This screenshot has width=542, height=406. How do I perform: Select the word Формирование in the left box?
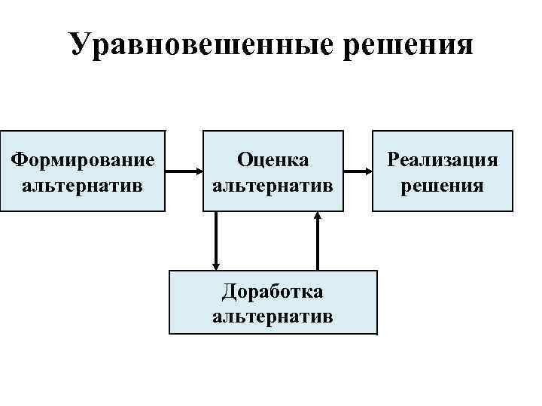pyautogui.click(x=83, y=159)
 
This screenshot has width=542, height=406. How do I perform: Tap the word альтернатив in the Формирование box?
pyautogui.click(x=83, y=184)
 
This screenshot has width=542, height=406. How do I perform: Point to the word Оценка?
pyautogui.click(x=273, y=159)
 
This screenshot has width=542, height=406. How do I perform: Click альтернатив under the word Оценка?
pyautogui.click(x=273, y=184)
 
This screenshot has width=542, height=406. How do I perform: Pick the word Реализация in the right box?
pyautogui.click(x=443, y=159)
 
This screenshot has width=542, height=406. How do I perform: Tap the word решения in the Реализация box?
pyautogui.click(x=443, y=184)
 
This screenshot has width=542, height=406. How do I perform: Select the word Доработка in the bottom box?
pyautogui.click(x=273, y=290)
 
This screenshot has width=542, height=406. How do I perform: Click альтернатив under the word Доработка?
pyautogui.click(x=273, y=315)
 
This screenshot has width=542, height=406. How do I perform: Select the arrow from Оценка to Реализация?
pyautogui.click(x=358, y=171)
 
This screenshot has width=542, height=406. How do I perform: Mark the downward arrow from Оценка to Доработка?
pyautogui.click(x=216, y=241)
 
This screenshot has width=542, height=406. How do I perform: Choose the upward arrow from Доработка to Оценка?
pyautogui.click(x=318, y=241)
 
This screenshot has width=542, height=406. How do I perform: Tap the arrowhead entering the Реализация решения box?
pyautogui.click(x=369, y=171)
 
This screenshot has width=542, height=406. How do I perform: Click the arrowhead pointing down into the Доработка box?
pyautogui.click(x=216, y=264)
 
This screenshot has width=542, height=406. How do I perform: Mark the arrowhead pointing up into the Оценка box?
pyautogui.click(x=318, y=217)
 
